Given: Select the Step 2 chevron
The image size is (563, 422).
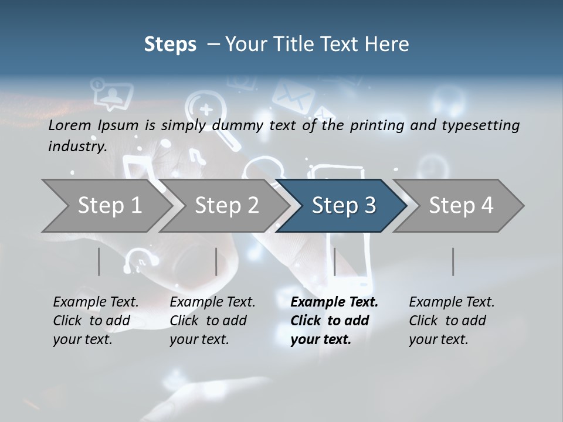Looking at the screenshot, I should [226, 206].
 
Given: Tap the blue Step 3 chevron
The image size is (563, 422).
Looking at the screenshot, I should [343, 206].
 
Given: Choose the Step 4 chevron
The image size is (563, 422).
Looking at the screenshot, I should [461, 206].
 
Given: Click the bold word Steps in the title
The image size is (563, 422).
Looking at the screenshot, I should [170, 45].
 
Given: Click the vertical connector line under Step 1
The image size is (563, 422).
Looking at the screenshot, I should [99, 261].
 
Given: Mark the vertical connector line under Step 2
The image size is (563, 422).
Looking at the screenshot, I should [216, 261].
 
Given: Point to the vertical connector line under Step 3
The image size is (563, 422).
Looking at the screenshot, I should [334, 261].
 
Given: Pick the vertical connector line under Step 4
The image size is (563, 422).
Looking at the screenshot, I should [453, 261].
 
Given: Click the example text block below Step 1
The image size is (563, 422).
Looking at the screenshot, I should [96, 321].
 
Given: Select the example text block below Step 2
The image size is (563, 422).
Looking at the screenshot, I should [212, 321].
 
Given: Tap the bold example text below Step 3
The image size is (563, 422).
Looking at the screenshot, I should [334, 321].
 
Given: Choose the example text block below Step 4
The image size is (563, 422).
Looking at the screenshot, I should [452, 321].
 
